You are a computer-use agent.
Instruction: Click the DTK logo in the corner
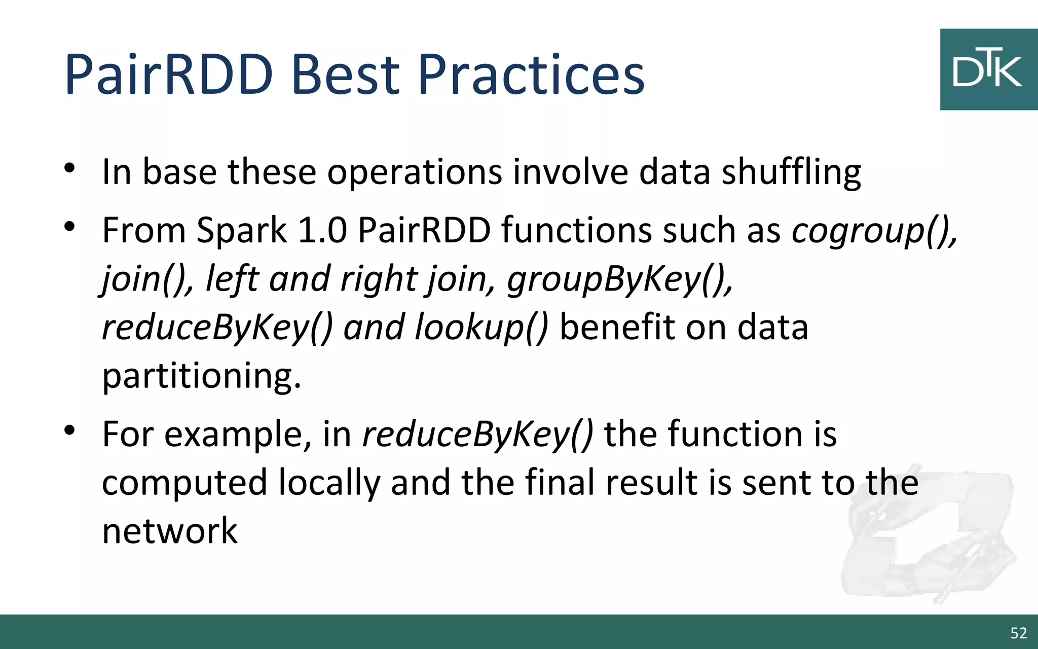click(x=988, y=69)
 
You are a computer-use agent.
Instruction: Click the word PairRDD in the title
click(x=169, y=75)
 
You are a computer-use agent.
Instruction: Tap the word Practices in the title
click(x=531, y=75)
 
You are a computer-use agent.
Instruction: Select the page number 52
click(x=1018, y=633)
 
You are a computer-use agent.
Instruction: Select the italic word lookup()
click(x=481, y=328)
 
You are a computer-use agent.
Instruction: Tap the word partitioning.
click(x=201, y=376)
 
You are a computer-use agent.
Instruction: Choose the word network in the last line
click(x=170, y=531)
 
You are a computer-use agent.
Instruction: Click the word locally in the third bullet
click(x=329, y=483)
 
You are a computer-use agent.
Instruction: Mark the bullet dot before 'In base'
click(x=70, y=168)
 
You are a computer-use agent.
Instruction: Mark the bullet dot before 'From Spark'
click(x=70, y=226)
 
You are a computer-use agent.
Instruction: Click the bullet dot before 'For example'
click(x=70, y=430)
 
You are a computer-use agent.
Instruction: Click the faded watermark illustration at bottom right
click(x=928, y=537)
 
